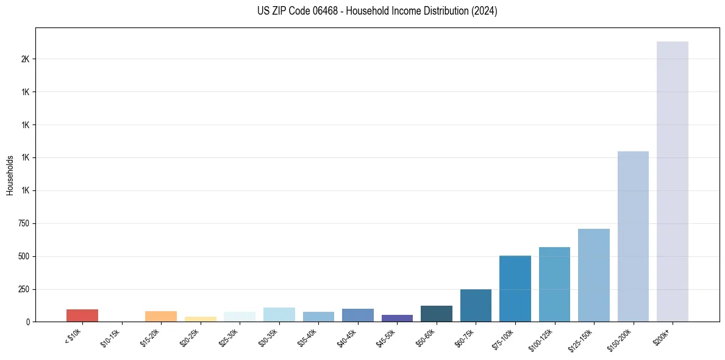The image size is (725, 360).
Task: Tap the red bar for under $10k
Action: click(82, 315)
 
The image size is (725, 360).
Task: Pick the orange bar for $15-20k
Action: click(161, 316)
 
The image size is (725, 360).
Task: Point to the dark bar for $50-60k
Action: click(436, 314)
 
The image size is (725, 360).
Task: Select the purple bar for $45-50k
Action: click(397, 318)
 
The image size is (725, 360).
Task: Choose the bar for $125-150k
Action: click(593, 275)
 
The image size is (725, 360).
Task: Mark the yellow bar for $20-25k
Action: click(200, 319)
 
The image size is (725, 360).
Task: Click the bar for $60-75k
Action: click(476, 305)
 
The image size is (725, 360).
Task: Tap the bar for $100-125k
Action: click(554, 284)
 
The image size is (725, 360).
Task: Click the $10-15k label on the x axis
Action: click(111, 336)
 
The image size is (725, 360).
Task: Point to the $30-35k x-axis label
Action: click(268, 336)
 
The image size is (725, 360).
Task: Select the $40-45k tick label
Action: click(347, 336)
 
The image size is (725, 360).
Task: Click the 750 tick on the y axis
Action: click(24, 223)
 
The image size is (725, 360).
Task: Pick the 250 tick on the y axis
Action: click(24, 289)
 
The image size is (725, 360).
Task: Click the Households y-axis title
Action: click(10, 175)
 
